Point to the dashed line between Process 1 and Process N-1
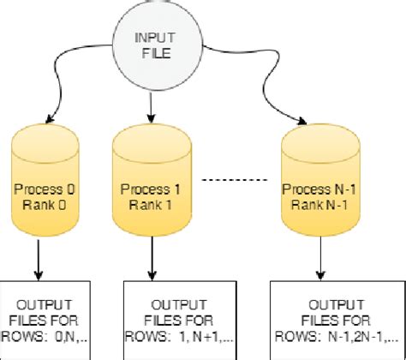pyautogui.click(x=231, y=181)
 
